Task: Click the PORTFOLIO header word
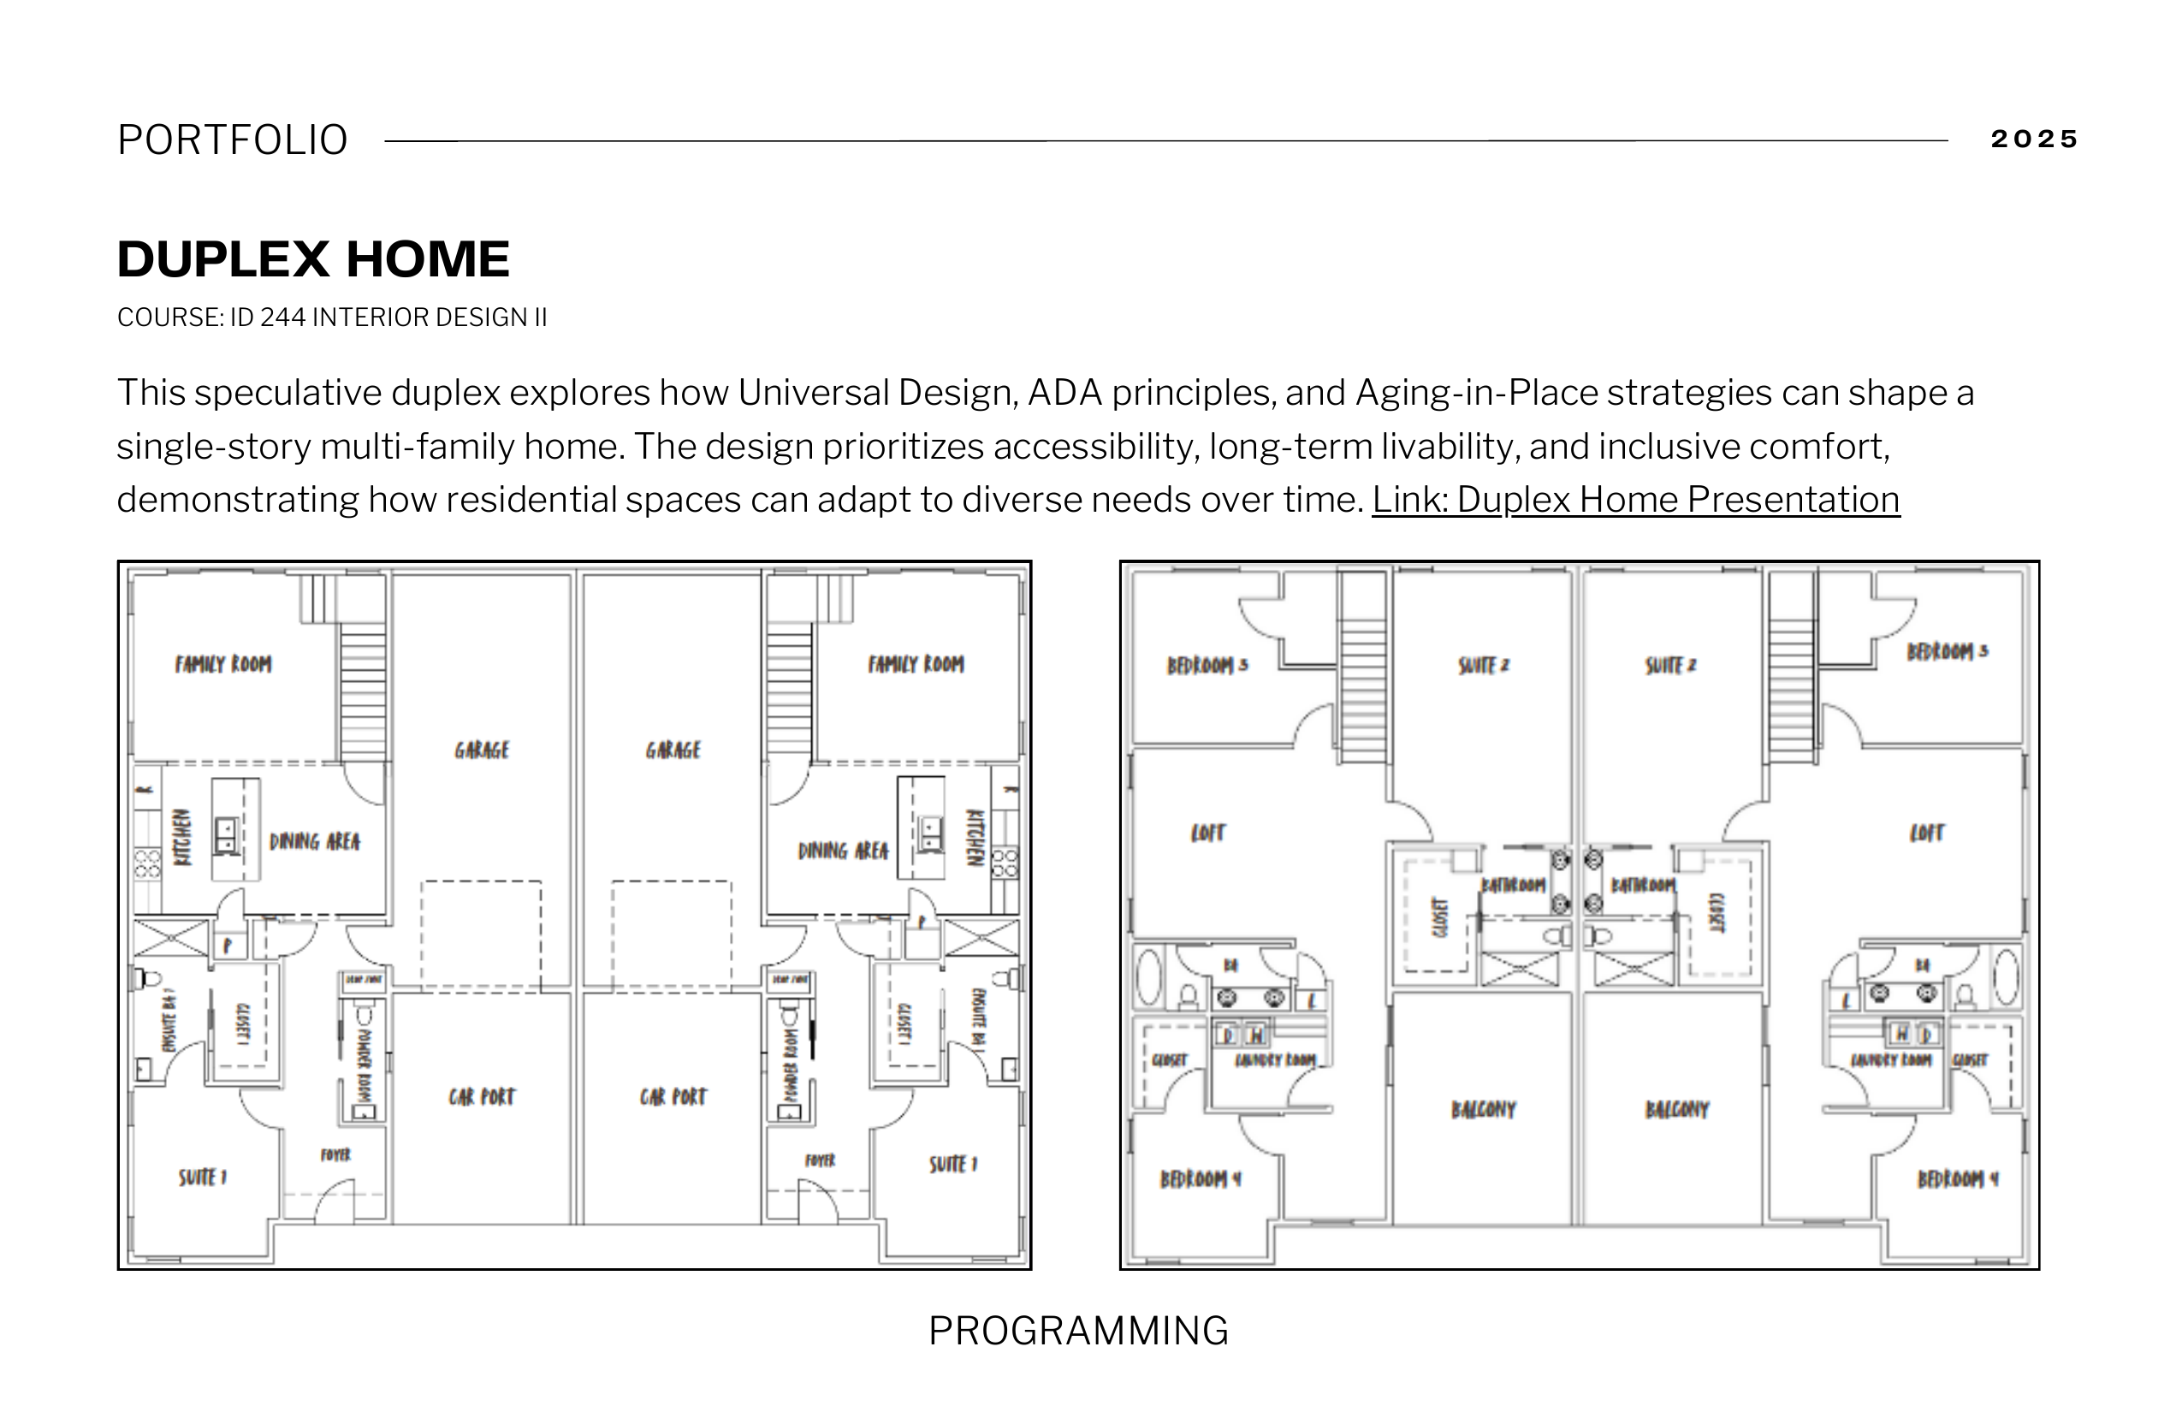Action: coord(233,140)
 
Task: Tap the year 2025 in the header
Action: coord(2032,139)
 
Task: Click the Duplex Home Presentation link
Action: coord(1635,500)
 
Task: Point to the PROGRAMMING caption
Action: coord(1078,1331)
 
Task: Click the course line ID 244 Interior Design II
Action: coord(332,317)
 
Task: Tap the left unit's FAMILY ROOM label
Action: coord(222,664)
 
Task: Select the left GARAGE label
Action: coord(481,750)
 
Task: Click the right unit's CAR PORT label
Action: coord(673,1096)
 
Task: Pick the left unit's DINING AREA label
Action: coord(315,842)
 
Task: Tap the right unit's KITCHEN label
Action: coord(975,837)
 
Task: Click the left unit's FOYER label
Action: coord(335,1155)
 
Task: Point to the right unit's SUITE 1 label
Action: coord(953,1165)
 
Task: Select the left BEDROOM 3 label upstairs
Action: coord(1207,665)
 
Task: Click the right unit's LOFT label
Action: coord(1926,833)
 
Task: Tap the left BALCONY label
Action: coord(1484,1109)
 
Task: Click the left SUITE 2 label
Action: coord(1484,665)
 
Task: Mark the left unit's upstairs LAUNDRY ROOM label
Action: coord(1274,1061)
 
